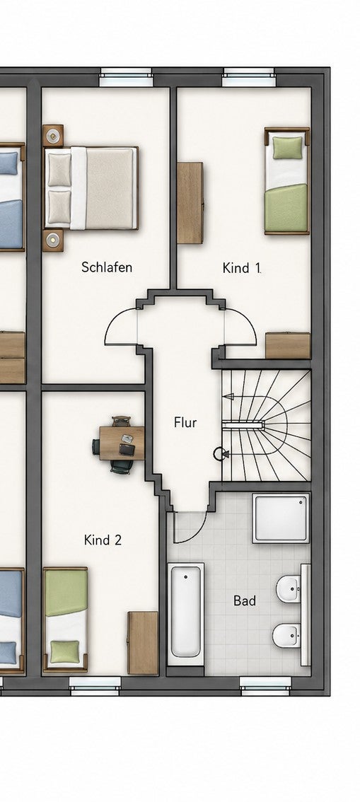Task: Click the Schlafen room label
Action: point(107,267)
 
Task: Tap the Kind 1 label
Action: point(242,268)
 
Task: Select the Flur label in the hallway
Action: point(185,422)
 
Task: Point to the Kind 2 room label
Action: point(103,540)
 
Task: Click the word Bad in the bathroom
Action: point(245,600)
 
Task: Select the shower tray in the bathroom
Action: point(281,518)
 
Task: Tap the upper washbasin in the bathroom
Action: point(289,589)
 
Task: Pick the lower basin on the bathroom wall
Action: point(286,636)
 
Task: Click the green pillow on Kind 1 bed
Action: point(287,148)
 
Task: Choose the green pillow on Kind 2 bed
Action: point(65,651)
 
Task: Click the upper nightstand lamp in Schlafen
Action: point(52,136)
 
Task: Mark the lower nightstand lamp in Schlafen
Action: point(52,239)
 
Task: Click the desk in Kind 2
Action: point(122,443)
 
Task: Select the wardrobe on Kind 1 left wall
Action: point(190,202)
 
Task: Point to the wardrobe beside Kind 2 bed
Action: point(143,643)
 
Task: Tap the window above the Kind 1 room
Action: point(249,76)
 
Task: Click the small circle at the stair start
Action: point(219,453)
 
